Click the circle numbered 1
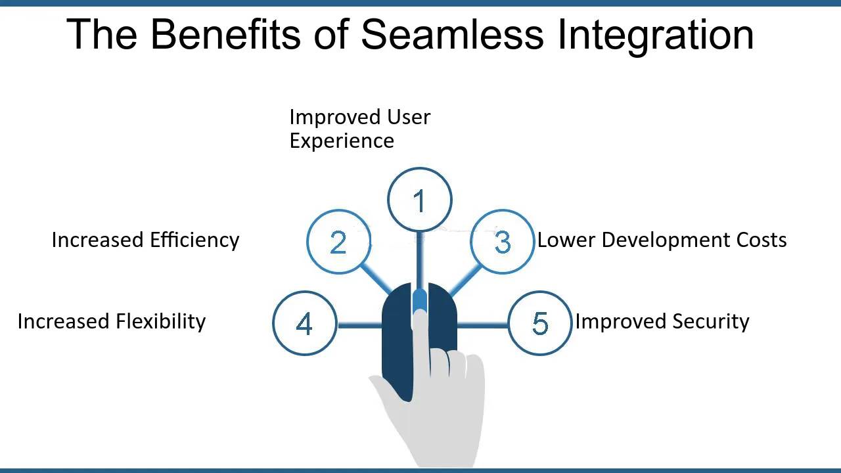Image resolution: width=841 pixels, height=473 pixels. click(420, 200)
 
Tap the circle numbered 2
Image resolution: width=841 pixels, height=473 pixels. click(338, 242)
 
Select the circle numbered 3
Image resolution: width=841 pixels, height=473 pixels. click(502, 242)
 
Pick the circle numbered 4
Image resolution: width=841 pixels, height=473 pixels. click(304, 323)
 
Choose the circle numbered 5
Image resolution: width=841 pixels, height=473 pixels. click(540, 323)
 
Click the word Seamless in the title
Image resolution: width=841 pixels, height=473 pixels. click(452, 34)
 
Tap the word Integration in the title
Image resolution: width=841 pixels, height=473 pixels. click(655, 34)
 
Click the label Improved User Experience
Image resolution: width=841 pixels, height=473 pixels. click(359, 129)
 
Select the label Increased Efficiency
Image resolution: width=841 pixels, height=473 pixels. click(145, 240)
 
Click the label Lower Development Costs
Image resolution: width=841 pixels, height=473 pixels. click(662, 240)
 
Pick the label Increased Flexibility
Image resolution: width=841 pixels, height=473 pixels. click(112, 321)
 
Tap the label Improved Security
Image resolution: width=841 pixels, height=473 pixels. click(662, 321)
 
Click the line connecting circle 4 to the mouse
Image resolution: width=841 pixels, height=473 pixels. click(359, 324)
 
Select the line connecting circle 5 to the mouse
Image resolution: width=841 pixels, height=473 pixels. click(483, 324)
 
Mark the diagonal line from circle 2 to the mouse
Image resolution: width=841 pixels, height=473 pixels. click(376, 279)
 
